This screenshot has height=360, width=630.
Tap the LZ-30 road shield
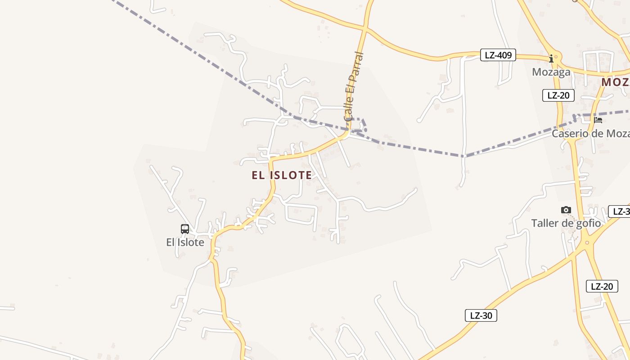point(481,315)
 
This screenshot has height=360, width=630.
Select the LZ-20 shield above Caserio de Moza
point(558,95)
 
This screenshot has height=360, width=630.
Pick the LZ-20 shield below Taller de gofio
point(602,286)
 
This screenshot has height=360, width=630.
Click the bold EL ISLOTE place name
point(282,175)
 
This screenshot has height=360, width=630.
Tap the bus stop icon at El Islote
point(185,229)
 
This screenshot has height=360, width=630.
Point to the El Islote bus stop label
point(185,243)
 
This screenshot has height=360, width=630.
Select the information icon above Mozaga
point(551,58)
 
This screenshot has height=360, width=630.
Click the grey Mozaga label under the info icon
point(551,72)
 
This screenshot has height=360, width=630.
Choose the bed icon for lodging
point(598,120)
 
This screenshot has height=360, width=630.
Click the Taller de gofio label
point(566,223)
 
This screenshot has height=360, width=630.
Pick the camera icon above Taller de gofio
point(566,210)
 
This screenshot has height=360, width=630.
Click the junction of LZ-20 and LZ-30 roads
point(586,243)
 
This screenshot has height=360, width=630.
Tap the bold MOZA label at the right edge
point(615,82)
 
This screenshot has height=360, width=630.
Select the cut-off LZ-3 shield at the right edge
point(619,211)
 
